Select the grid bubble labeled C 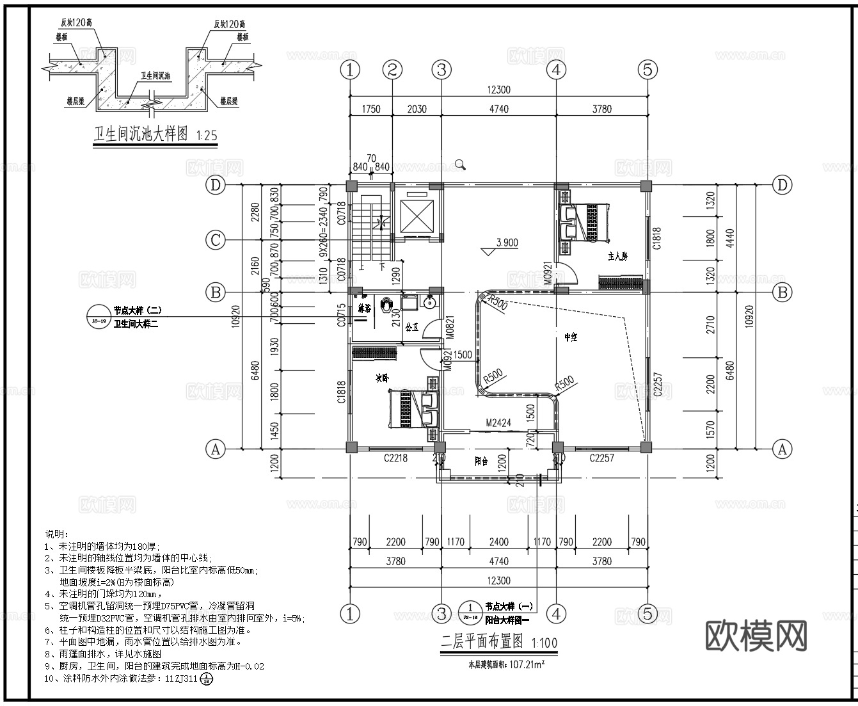tap(216, 240)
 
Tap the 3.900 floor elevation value tap(506, 243)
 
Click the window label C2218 tap(395, 458)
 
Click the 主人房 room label tap(617, 256)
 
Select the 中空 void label tap(571, 337)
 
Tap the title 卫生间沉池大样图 tap(141, 134)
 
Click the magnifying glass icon tap(460, 164)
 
